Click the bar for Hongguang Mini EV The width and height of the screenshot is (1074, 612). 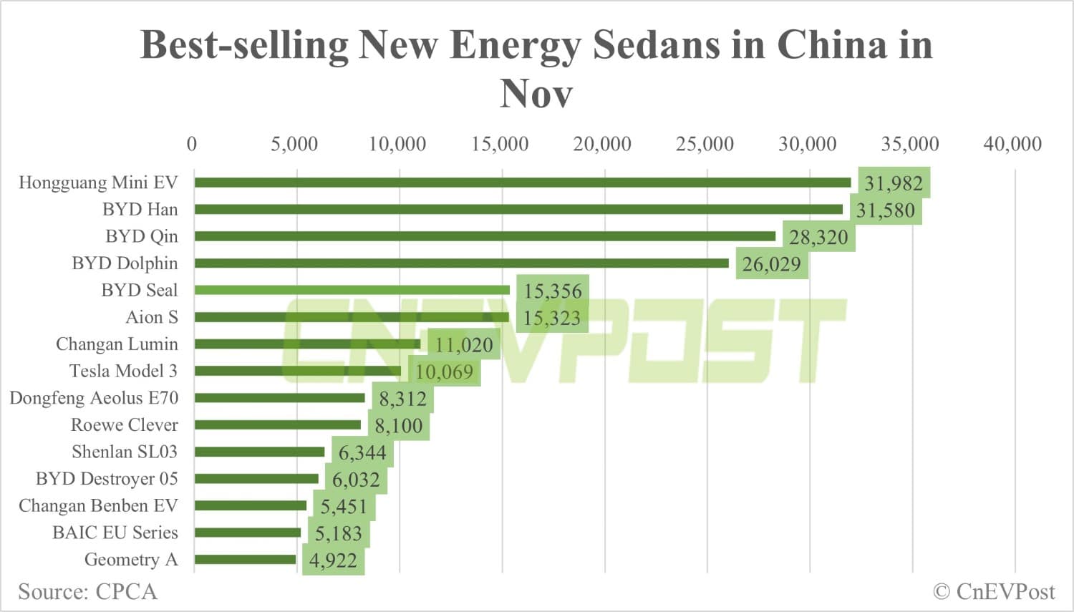click(523, 183)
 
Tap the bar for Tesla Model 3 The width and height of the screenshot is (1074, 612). click(298, 371)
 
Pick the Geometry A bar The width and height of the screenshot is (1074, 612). click(245, 559)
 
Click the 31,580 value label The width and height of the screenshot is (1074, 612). click(886, 210)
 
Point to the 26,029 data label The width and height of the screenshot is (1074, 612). click(771, 264)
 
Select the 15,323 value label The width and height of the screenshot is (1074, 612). click(552, 318)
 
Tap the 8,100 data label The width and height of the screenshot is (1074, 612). click(399, 426)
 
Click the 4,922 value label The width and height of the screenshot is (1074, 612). click(333, 560)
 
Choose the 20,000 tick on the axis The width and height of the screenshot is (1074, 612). click(602, 144)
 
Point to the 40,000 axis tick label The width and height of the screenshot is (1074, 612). click(1012, 144)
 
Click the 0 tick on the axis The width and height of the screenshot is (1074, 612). click(192, 144)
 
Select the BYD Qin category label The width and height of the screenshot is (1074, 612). click(142, 236)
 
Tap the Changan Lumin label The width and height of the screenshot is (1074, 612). click(117, 344)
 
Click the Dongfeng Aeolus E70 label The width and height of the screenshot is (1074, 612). click(94, 398)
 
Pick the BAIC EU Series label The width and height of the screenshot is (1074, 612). click(115, 533)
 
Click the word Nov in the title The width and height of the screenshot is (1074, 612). click(536, 94)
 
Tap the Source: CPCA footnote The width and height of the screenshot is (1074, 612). click(87, 592)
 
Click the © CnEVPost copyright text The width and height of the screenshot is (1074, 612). click(994, 592)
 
